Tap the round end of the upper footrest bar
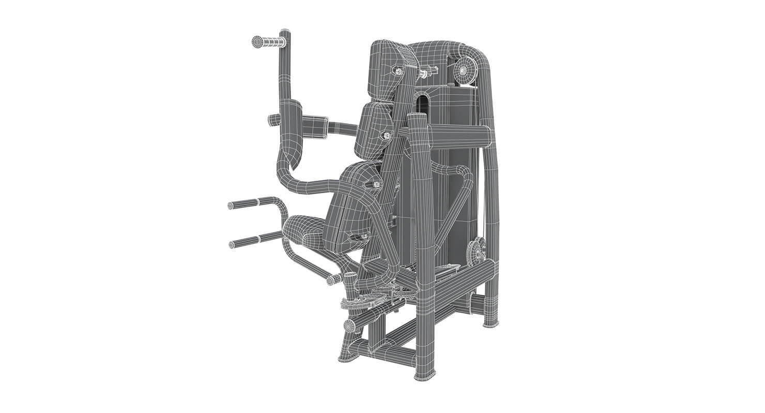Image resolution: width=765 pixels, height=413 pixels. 231,206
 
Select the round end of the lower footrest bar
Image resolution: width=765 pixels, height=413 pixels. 232,244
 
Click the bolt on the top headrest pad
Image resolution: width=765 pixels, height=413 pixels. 399,70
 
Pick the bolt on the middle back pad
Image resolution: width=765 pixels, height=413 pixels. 385,135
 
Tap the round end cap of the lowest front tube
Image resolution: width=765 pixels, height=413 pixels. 349,326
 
